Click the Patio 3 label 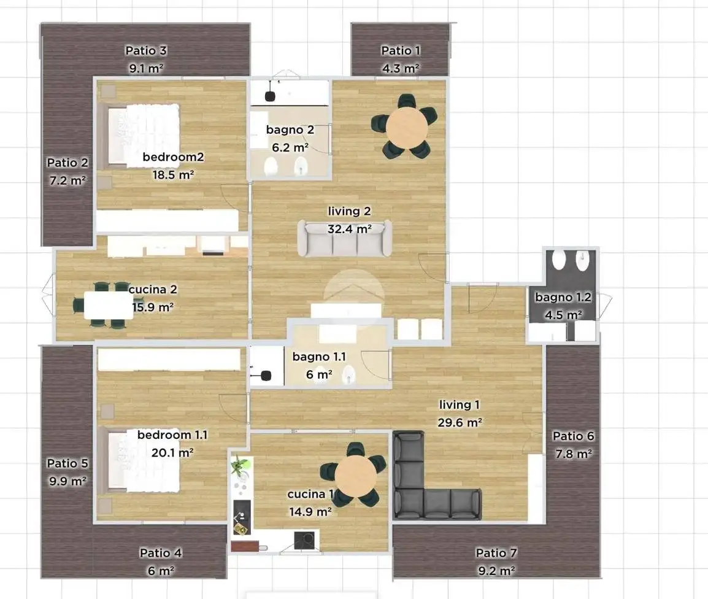[146, 50]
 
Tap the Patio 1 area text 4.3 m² [401, 68]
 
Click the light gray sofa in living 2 [345, 238]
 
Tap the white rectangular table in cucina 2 [109, 306]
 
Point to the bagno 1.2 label [563, 297]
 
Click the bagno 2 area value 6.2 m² [290, 147]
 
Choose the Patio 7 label [496, 553]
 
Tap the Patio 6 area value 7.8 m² [574, 454]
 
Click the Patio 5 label [67, 463]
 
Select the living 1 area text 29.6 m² [460, 422]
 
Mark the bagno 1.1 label [319, 357]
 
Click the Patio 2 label [67, 163]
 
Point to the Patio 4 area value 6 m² [161, 571]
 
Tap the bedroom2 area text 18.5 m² [174, 174]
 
